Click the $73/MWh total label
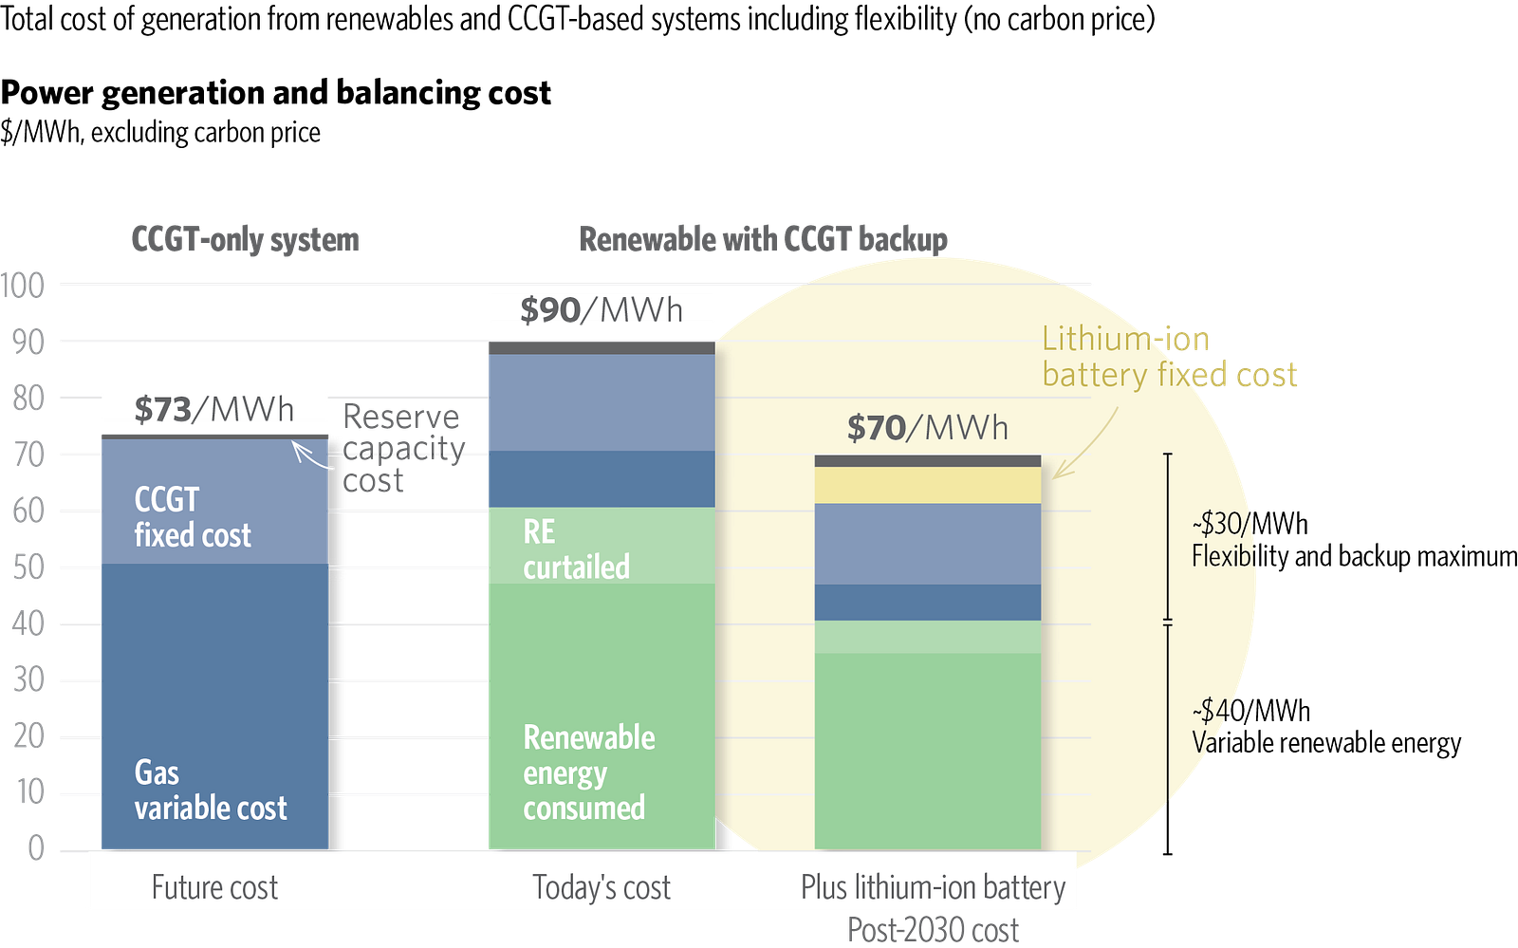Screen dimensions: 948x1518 click(x=214, y=409)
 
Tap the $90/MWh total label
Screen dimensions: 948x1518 click(x=602, y=309)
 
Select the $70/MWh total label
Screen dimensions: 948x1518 click(x=927, y=427)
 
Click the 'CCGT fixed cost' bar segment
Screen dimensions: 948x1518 click(x=214, y=503)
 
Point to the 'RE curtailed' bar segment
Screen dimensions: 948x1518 click(x=600, y=546)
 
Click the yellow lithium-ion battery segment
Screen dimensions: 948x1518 click(x=927, y=485)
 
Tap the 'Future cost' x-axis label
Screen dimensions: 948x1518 click(x=214, y=887)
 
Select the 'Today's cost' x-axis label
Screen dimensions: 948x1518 click(x=602, y=887)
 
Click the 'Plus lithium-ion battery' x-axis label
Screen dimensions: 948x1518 click(x=933, y=887)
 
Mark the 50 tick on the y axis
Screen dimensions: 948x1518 click(x=28, y=567)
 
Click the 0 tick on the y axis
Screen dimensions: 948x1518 click(x=35, y=846)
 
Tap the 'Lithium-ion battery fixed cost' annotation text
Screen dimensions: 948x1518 click(x=1169, y=357)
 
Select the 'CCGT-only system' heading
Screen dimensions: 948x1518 click(x=245, y=239)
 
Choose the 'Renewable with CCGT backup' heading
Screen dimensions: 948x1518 click(x=764, y=239)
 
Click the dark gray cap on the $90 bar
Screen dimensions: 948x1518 click(x=600, y=348)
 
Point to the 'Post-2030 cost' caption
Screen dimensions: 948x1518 click(x=933, y=929)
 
